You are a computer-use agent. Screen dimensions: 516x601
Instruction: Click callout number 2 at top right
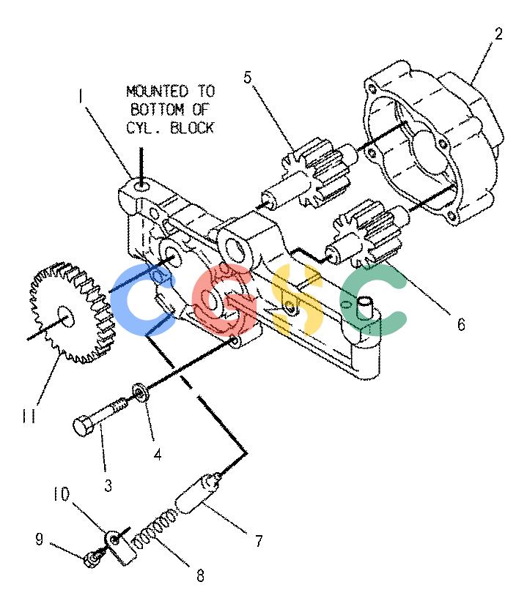click(x=498, y=34)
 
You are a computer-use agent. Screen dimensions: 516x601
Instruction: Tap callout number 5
click(x=248, y=77)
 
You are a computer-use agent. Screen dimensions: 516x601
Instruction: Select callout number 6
click(x=461, y=324)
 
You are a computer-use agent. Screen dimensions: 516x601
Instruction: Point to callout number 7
click(x=259, y=541)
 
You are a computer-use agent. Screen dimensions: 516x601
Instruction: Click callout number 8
click(x=200, y=575)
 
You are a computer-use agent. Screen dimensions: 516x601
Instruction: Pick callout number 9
click(x=39, y=539)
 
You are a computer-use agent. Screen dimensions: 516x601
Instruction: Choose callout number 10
click(x=61, y=494)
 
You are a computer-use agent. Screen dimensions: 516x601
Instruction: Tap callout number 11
click(x=29, y=416)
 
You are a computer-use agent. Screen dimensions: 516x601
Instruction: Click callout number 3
click(x=108, y=485)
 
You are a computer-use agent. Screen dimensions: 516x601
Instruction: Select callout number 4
click(x=158, y=455)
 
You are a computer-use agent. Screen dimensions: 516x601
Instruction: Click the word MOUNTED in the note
click(x=158, y=92)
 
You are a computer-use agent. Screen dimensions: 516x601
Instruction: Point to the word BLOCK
click(x=192, y=127)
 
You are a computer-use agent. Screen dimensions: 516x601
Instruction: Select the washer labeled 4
click(x=141, y=392)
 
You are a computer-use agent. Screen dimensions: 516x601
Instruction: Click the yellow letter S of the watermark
click(x=297, y=299)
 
